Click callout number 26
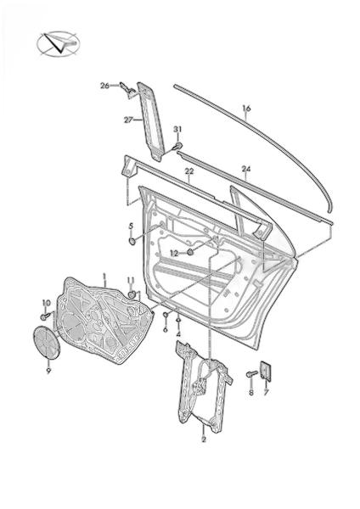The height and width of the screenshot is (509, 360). click(104, 86)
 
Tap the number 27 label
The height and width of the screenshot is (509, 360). click(129, 120)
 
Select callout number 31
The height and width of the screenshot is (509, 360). click(177, 130)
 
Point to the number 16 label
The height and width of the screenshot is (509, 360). click(246, 108)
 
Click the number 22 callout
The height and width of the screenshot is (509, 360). click(189, 171)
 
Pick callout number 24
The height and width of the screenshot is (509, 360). click(246, 169)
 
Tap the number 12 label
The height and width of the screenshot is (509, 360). click(174, 254)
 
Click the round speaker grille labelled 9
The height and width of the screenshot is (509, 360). click(48, 342)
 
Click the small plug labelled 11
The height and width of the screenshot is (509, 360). click(132, 294)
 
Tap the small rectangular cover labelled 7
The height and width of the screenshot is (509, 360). click(266, 371)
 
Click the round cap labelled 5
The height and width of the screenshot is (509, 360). click(132, 242)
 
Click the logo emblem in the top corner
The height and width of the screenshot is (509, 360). click(58, 44)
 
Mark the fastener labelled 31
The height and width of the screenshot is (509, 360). click(177, 146)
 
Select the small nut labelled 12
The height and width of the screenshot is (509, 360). click(191, 251)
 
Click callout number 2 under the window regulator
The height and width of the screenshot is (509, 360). click(204, 439)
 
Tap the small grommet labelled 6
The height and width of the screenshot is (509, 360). click(166, 314)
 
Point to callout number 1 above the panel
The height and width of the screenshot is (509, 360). click(104, 276)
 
